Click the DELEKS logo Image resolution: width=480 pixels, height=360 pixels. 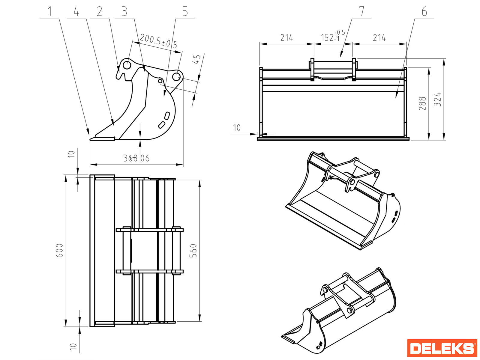tap(442, 348)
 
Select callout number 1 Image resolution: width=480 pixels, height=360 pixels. tap(50, 12)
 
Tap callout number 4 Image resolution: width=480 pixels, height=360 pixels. tap(76, 12)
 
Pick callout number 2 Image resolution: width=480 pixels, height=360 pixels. tap(100, 12)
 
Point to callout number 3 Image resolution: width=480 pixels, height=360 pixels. tap(124, 12)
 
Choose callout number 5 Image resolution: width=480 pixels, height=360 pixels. tap(185, 12)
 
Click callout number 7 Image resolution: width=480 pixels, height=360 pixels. tap(361, 11)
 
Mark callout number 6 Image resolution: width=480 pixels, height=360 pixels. tap(424, 12)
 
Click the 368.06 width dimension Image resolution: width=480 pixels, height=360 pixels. tap(136, 158)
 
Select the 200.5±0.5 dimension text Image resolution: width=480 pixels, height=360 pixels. tap(158, 41)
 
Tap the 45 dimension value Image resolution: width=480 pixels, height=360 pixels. tap(197, 59)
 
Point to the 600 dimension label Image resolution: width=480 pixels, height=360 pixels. tap(60, 250)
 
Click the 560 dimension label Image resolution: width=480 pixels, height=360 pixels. tap(193, 251)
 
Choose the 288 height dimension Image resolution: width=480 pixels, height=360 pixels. tap(422, 103)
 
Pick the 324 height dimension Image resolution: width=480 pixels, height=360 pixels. tap(438, 99)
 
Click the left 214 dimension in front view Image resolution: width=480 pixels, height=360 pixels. tap(286, 38)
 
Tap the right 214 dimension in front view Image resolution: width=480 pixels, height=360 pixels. tap(379, 38)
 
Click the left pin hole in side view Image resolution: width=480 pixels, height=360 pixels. tap(127, 65)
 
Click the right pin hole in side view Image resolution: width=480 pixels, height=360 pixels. tap(176, 77)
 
